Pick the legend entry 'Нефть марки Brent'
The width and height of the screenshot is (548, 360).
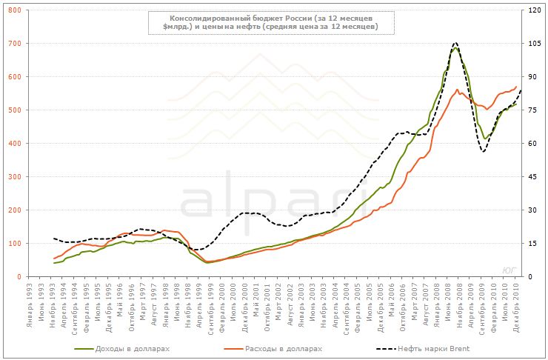pyautogui.click(x=433, y=348)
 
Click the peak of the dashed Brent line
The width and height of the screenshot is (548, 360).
pyautogui.click(x=455, y=43)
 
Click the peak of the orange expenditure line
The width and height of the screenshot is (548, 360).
pyautogui.click(x=457, y=90)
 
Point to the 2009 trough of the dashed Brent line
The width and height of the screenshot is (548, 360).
pyautogui.click(x=484, y=152)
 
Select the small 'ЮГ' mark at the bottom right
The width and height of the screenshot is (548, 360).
pyautogui.click(x=509, y=269)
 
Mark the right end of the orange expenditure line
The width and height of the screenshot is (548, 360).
pyautogui.click(x=516, y=87)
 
